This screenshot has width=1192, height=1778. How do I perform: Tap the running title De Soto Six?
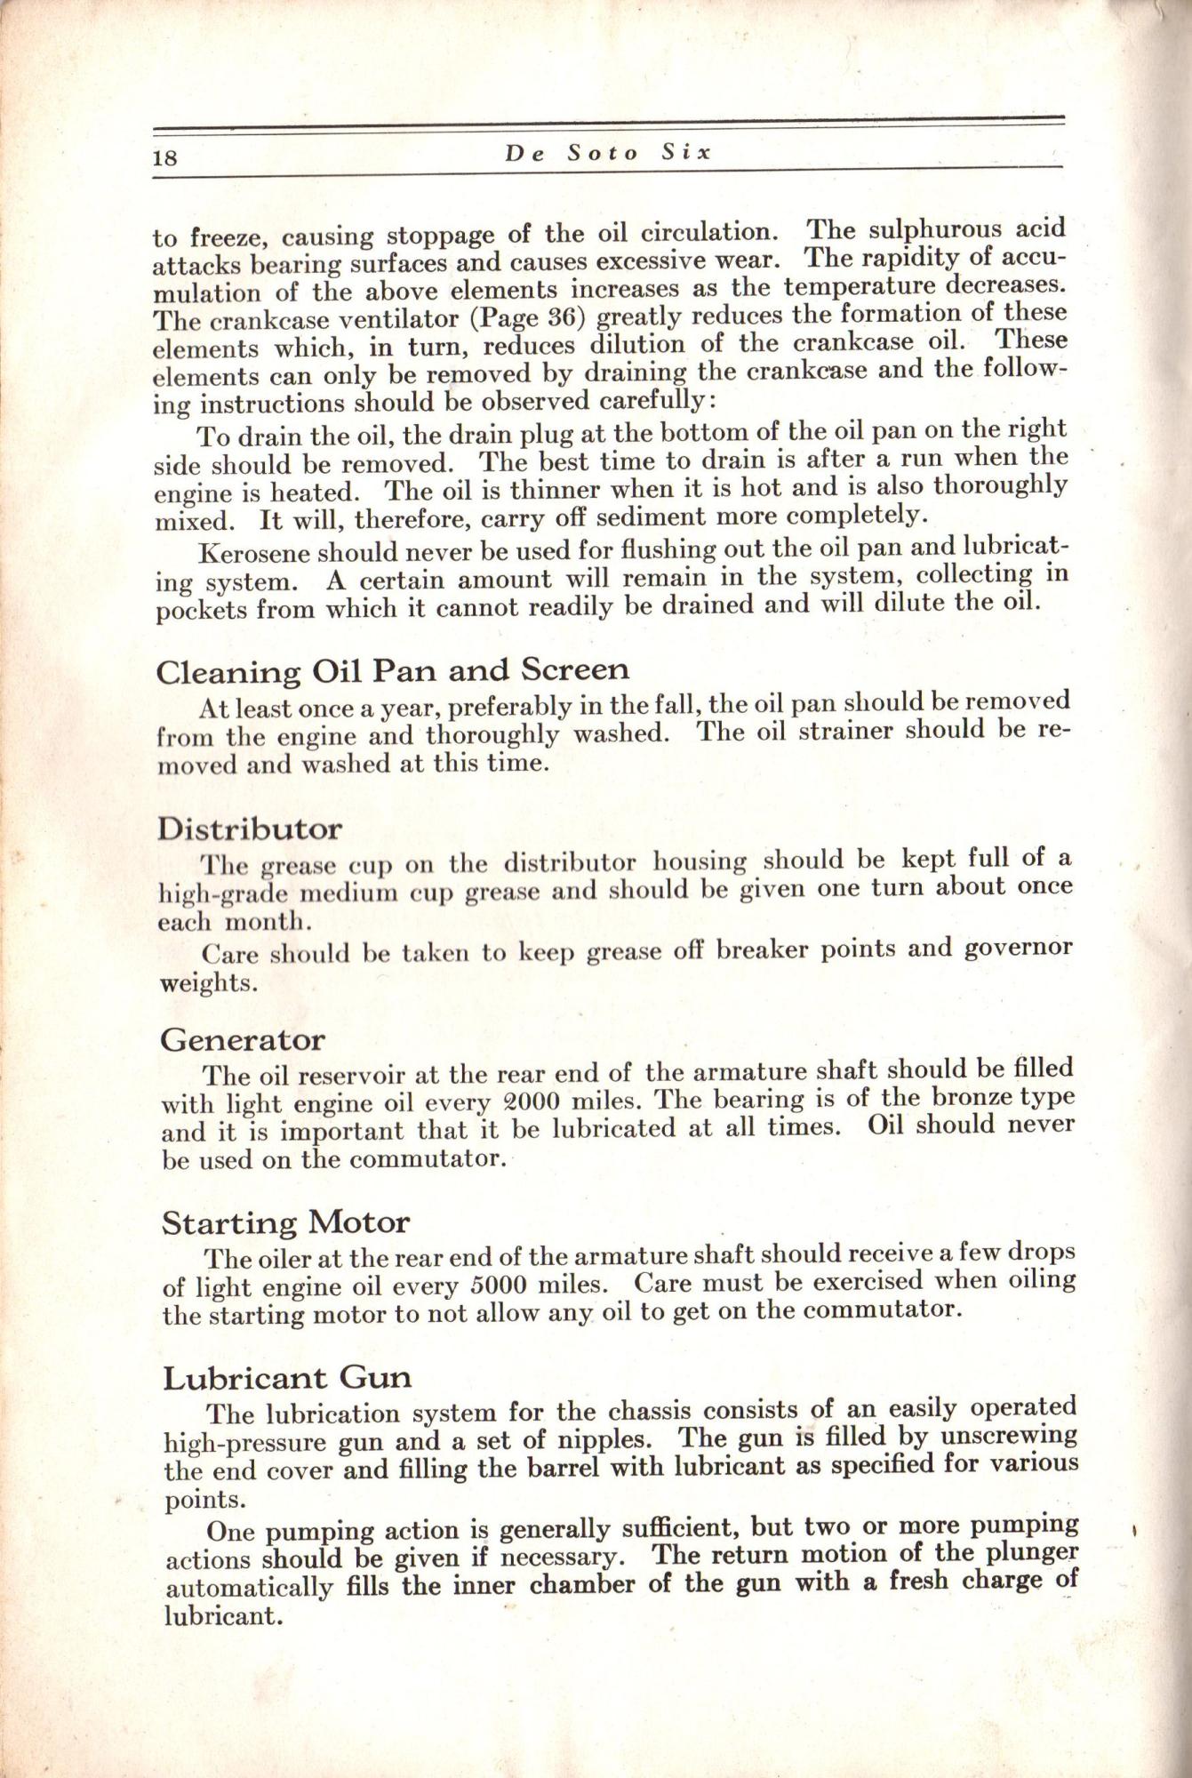pos(609,153)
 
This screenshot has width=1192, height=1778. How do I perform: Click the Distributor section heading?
pos(250,829)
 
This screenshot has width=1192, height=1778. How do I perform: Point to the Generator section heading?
pos(243,1039)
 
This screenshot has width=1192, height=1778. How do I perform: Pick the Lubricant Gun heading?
pos(287,1378)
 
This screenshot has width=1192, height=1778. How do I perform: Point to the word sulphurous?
pos(930,230)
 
